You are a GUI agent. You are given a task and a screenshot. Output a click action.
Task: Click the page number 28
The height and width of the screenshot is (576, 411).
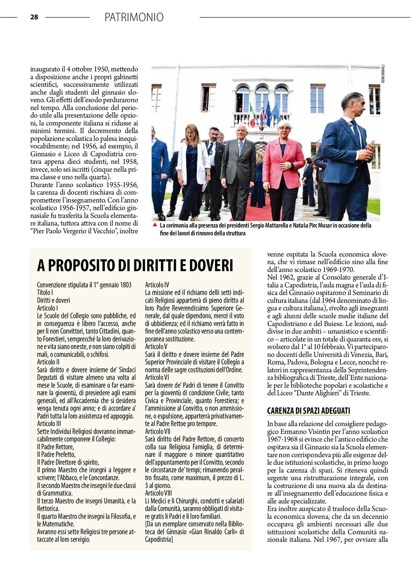coord(34,17)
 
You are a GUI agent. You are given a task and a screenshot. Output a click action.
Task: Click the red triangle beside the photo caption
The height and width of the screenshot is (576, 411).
coord(155,225)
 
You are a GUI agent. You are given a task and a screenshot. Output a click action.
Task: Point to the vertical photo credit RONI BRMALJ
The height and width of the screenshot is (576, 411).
coord(383,74)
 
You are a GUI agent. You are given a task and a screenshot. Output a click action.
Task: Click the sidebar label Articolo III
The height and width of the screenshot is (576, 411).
coord(49,424)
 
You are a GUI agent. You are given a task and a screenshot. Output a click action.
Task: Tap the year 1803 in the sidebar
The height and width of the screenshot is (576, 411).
coord(125,285)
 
